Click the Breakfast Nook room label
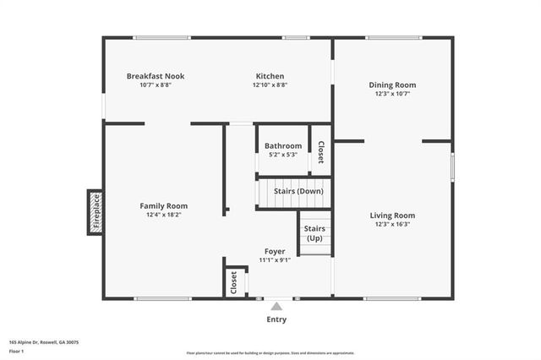click(x=156, y=76)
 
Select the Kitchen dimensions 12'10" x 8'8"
click(x=270, y=85)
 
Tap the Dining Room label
click(x=392, y=85)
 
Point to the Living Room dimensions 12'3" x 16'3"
click(x=392, y=225)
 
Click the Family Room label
click(x=163, y=205)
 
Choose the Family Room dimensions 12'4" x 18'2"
click(x=163, y=215)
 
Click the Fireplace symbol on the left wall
click(x=96, y=212)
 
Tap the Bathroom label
click(x=284, y=146)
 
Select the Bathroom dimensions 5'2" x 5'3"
click(x=284, y=155)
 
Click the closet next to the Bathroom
click(x=321, y=150)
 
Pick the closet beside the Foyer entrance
click(x=234, y=282)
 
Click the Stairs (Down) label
click(x=299, y=192)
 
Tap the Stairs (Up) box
click(x=314, y=233)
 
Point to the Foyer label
click(x=275, y=251)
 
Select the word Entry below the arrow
click(x=276, y=319)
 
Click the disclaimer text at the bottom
click(x=270, y=353)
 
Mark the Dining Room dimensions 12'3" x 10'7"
click(x=392, y=94)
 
